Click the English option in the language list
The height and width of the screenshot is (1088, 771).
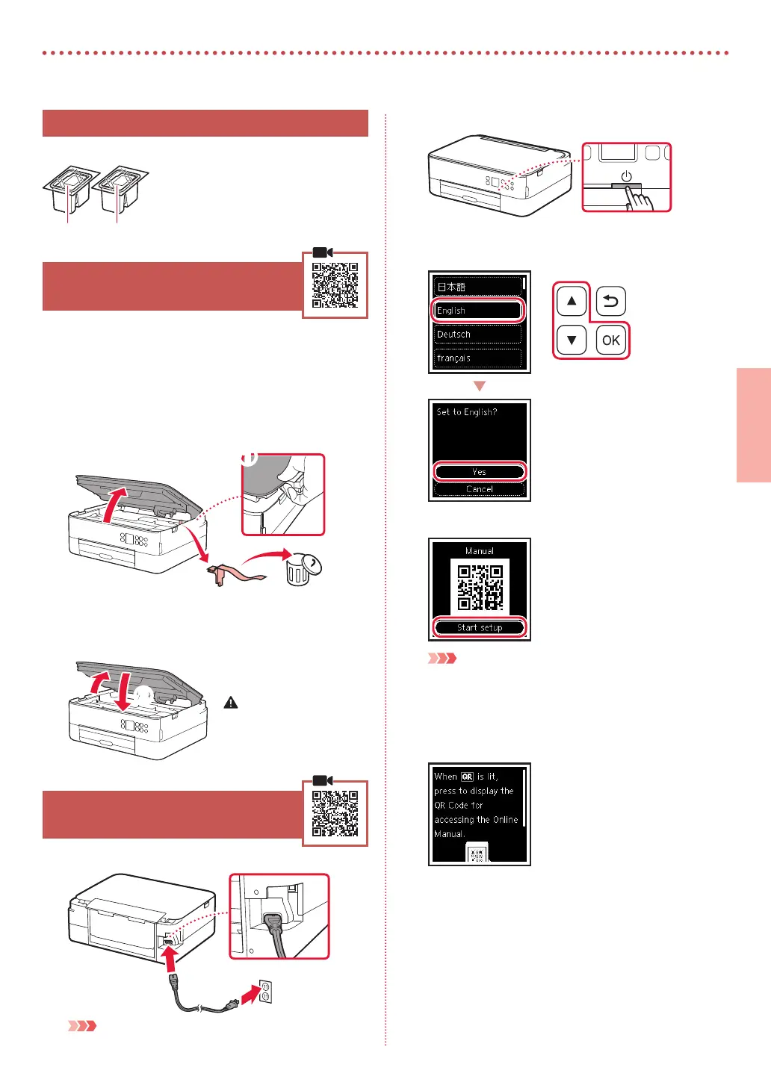[x=478, y=311]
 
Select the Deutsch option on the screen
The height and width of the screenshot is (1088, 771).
[x=478, y=335]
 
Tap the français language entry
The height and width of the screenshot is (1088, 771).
[x=478, y=358]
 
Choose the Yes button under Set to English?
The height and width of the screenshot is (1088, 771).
[x=479, y=472]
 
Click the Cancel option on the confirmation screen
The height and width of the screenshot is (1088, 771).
[x=479, y=489]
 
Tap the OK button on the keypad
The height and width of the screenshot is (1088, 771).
[x=610, y=341]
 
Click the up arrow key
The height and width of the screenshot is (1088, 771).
[x=572, y=302]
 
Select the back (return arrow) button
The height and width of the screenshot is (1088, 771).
[x=610, y=302]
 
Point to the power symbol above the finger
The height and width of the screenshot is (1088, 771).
[x=626, y=177]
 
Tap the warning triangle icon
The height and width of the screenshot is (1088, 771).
[x=231, y=703]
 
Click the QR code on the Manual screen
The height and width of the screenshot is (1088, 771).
[x=480, y=587]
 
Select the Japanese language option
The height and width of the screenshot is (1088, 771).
[x=478, y=287]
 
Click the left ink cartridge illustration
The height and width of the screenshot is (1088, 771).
[x=68, y=190]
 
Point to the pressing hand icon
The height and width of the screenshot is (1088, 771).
[x=639, y=198]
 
